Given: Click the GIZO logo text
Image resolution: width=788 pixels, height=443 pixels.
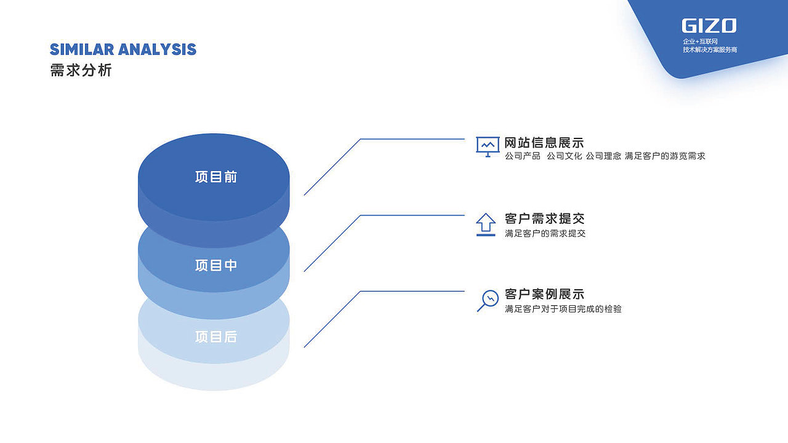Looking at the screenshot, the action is click(x=709, y=26).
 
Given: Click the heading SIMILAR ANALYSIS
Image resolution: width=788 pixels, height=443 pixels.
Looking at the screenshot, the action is click(x=123, y=50).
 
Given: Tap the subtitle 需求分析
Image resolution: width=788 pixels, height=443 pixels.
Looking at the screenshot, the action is click(x=81, y=70).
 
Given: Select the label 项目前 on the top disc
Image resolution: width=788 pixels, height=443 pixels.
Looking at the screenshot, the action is click(x=216, y=177).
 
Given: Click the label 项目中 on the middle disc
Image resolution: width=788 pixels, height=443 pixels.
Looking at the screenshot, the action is click(x=216, y=265).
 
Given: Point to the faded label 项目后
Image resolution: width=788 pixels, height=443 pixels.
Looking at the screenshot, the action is click(x=216, y=337).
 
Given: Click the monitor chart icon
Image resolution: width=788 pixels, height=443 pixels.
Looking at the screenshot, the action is click(x=488, y=147).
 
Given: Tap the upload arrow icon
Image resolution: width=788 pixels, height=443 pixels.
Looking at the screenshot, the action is click(x=486, y=225).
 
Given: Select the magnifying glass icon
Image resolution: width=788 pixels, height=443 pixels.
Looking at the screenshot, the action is click(x=488, y=301).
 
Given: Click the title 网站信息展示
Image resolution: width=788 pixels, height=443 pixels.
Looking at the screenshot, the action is click(x=544, y=143).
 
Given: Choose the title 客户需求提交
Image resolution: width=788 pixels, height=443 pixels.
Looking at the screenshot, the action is click(x=544, y=218).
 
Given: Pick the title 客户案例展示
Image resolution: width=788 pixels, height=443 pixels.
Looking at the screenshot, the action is click(x=544, y=294).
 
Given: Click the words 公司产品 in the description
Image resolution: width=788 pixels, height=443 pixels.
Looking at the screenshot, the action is click(x=523, y=156).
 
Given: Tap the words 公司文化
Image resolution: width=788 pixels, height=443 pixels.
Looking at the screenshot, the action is click(x=565, y=156).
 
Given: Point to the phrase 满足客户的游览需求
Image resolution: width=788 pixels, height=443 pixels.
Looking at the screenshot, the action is click(x=665, y=156).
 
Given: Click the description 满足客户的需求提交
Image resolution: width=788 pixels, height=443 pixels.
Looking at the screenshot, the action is click(x=545, y=233).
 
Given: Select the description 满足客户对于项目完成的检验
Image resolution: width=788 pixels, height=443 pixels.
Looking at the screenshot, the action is click(x=563, y=309).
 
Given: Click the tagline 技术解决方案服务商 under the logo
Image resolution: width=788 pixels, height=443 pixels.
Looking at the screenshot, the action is click(x=710, y=50).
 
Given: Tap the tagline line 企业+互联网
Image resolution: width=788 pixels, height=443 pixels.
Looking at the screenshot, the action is click(x=700, y=41).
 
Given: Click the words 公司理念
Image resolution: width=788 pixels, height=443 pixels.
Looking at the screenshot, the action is click(x=603, y=156).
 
